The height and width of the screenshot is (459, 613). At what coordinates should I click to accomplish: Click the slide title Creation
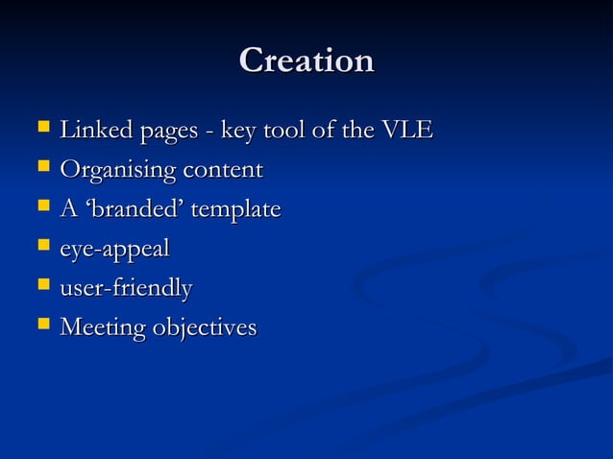point(306,60)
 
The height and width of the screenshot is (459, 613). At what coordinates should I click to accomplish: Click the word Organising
point(118,171)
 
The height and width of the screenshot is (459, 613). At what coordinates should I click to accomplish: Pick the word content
point(223,171)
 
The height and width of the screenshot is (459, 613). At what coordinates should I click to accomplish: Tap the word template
point(235,210)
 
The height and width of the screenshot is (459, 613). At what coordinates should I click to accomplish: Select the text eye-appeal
point(114,250)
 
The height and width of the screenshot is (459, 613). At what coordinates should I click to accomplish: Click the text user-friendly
point(126,288)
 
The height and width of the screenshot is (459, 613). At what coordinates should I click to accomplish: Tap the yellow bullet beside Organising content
point(42,168)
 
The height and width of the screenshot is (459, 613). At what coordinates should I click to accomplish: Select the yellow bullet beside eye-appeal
point(42,247)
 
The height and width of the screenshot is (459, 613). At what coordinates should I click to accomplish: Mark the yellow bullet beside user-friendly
point(42,285)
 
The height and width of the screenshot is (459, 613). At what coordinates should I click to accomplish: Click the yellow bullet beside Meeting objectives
point(42,326)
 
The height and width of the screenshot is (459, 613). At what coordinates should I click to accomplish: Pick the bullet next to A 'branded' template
point(42,206)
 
